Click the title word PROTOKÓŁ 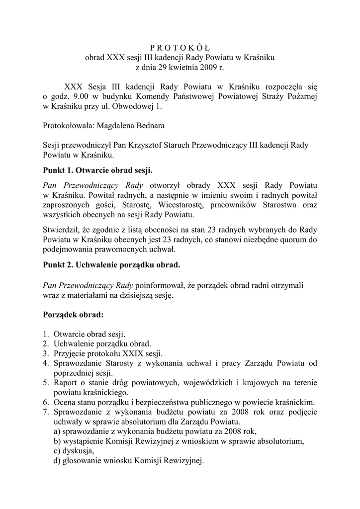pos(180,48)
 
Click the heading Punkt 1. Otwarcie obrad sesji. pos(97,170)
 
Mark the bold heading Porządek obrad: pos(73,315)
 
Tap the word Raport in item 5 pos(66,383)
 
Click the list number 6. pos(45,402)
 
